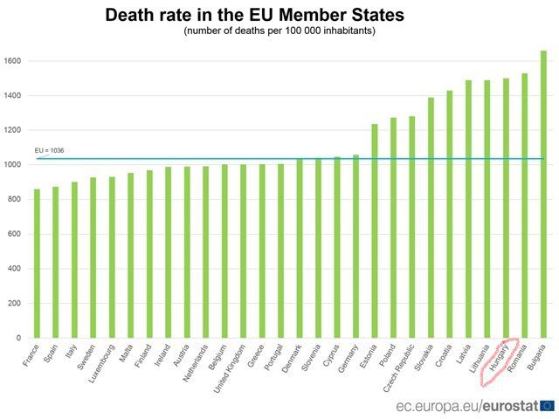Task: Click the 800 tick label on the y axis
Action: click(x=14, y=200)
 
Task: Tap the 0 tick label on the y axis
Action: click(x=19, y=338)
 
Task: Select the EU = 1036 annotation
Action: click(x=49, y=150)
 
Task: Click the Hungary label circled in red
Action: click(x=499, y=359)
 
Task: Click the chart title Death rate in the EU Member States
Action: click(x=254, y=15)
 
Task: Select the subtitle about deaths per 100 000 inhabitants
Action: click(x=279, y=31)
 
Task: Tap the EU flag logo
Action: click(x=547, y=405)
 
